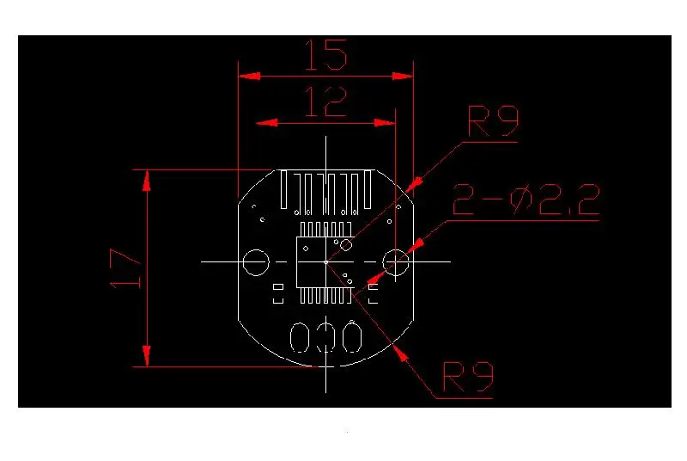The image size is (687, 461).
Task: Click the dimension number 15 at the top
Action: [325, 56]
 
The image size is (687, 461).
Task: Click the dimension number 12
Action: [325, 103]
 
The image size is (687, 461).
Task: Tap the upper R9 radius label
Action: [494, 122]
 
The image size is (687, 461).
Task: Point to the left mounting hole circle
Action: [255, 262]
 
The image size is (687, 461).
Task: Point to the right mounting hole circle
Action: [397, 262]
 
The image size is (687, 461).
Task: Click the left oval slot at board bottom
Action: [301, 338]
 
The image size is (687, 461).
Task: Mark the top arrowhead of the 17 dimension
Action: [147, 180]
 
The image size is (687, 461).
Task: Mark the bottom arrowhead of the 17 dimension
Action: [147, 356]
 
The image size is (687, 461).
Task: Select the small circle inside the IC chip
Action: [345, 245]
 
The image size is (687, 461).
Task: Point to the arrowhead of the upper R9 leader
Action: [413, 183]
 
